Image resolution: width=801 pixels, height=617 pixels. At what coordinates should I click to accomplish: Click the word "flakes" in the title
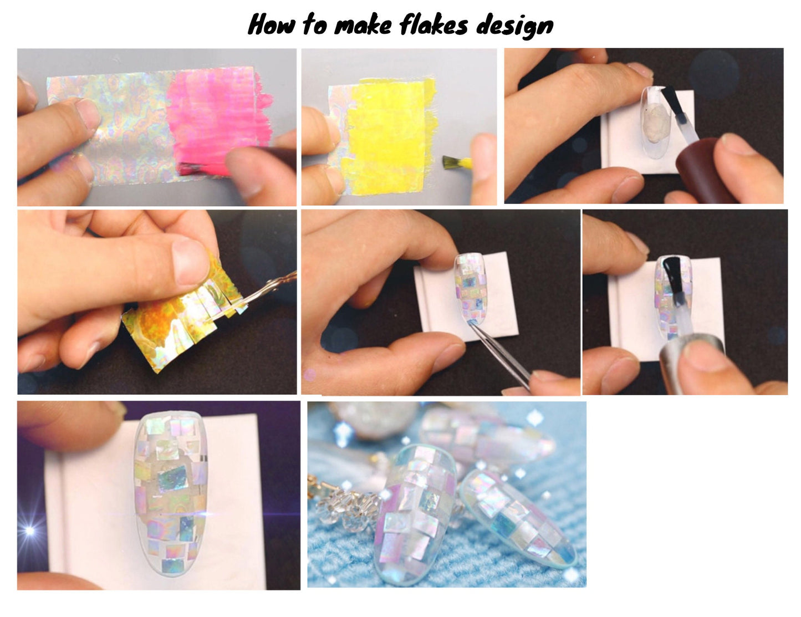tap(433, 24)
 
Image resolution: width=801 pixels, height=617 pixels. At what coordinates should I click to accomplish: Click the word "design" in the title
tap(514, 26)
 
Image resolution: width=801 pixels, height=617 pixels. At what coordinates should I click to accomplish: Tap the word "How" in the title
tap(271, 24)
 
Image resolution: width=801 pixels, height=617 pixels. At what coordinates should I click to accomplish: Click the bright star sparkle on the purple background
tap(29, 531)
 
